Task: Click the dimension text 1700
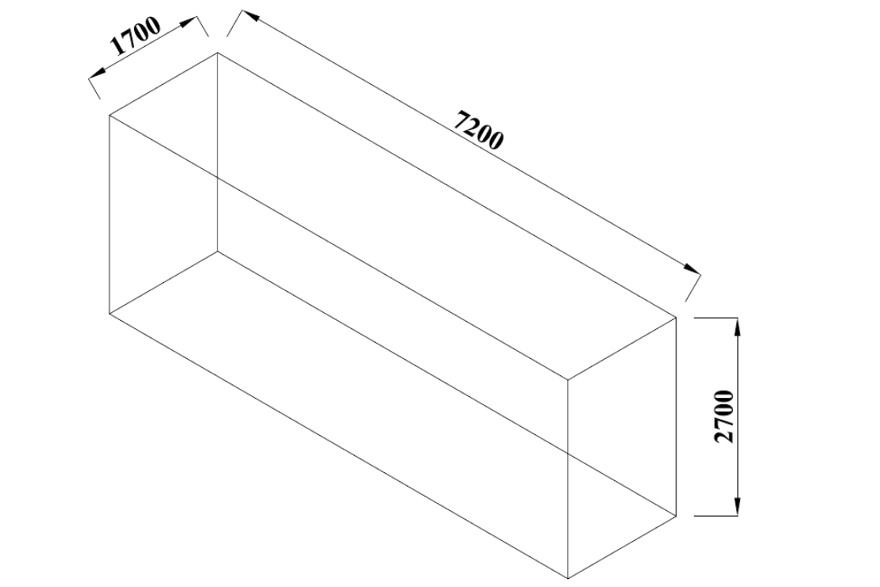137,36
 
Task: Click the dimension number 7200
478,131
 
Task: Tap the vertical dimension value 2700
724,416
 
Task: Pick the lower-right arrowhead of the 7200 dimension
692,268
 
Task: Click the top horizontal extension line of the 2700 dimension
716,318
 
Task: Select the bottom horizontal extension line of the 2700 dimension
716,515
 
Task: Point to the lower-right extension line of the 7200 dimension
693,287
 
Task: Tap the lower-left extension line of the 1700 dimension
95,87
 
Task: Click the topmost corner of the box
217,53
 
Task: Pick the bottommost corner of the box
568,578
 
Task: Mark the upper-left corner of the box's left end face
109,115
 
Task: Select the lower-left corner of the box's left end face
109,313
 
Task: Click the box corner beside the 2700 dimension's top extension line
676,318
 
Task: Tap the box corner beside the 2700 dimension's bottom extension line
676,515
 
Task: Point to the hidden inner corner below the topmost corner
217,251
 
